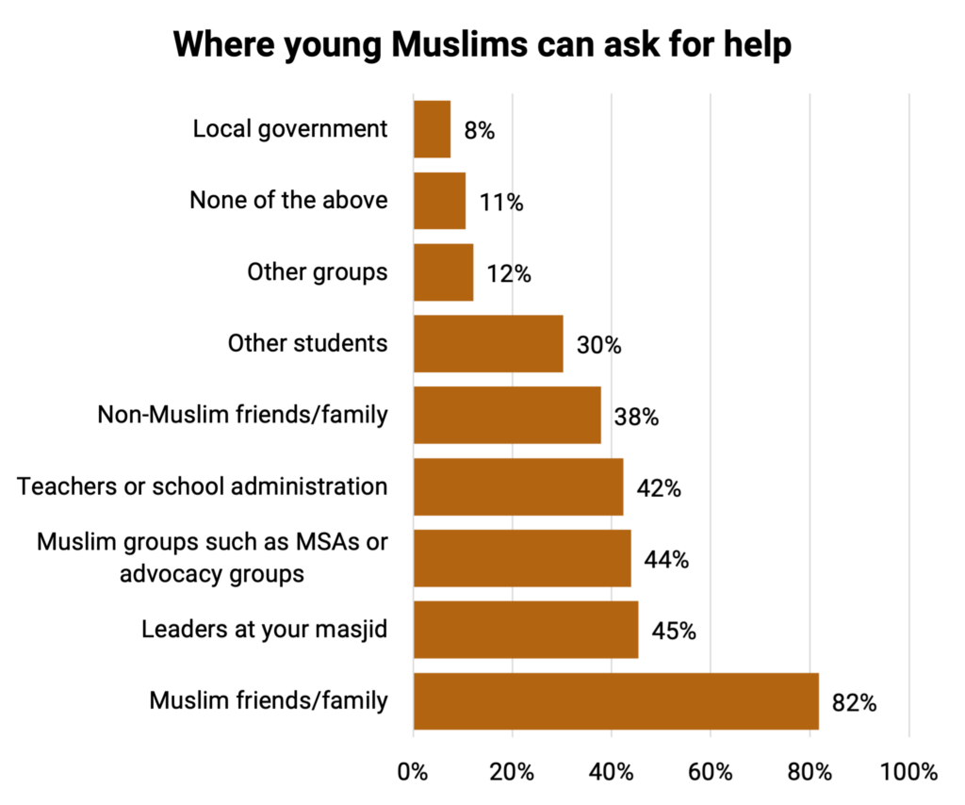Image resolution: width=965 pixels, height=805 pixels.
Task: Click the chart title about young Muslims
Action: pyautogui.click(x=482, y=45)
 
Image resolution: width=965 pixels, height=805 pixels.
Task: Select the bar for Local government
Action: pyautogui.click(x=432, y=129)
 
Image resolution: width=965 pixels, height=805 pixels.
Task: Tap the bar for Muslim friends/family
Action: pyautogui.click(x=615, y=701)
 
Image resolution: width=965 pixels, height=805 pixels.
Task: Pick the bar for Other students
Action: pyautogui.click(x=488, y=344)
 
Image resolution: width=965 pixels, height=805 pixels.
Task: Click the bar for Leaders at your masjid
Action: pyautogui.click(x=526, y=630)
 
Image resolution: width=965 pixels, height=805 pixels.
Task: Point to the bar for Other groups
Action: pyautogui.click(x=443, y=272)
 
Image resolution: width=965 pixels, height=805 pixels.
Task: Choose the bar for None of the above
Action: pyautogui.click(x=439, y=201)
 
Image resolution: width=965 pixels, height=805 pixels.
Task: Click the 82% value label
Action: pyautogui.click(x=854, y=702)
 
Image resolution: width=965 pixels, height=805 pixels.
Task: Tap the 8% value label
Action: pyautogui.click(x=479, y=131)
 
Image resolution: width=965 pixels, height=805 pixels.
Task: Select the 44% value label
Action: pyautogui.click(x=666, y=559)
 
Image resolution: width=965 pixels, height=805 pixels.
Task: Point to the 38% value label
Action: pyautogui.click(x=635, y=417)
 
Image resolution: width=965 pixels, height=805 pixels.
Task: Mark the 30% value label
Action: pyautogui.click(x=599, y=345)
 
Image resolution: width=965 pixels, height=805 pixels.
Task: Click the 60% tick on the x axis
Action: pyautogui.click(x=711, y=771)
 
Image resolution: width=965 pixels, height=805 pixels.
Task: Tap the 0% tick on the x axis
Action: pyautogui.click(x=414, y=771)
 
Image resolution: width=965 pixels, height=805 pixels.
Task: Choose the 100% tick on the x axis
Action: pyautogui.click(x=908, y=771)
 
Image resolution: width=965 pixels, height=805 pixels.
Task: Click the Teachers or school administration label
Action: pyautogui.click(x=203, y=486)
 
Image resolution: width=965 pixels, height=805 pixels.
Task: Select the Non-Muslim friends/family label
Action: pyautogui.click(x=242, y=415)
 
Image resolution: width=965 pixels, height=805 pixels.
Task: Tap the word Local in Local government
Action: pyautogui.click(x=219, y=129)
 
